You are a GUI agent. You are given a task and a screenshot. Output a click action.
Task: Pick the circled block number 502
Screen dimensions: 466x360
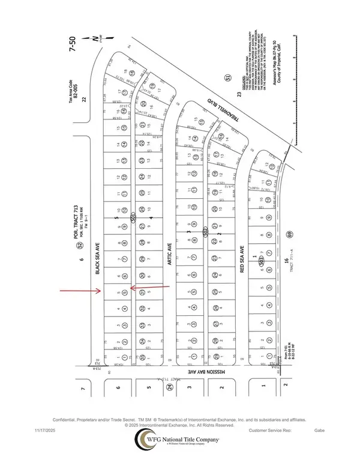click(205, 231)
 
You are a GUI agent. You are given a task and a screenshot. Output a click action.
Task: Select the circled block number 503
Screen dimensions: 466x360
click(262, 262)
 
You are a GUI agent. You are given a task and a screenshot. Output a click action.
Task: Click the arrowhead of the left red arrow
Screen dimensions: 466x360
click(100, 292)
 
